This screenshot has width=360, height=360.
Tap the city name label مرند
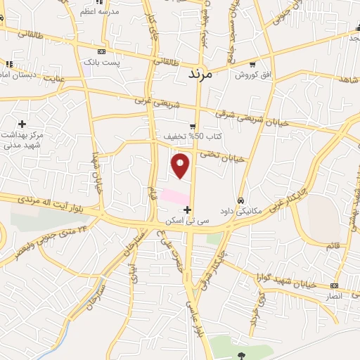205,72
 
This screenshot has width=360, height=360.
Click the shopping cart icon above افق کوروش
252,63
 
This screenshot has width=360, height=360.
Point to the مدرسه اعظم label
98,12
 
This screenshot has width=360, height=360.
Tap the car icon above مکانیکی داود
241,200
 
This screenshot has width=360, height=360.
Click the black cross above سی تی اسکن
187,210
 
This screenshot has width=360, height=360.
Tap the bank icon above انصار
335,285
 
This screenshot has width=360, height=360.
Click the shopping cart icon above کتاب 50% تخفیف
192,126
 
